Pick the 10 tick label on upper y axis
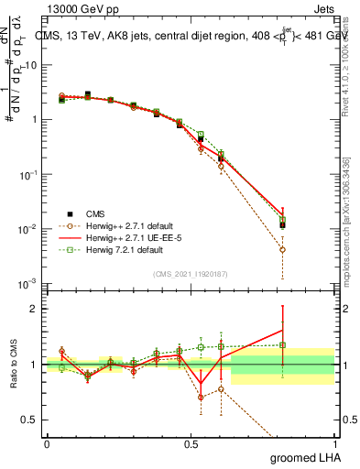coord(32,65)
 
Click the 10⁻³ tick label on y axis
coord(30,283)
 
